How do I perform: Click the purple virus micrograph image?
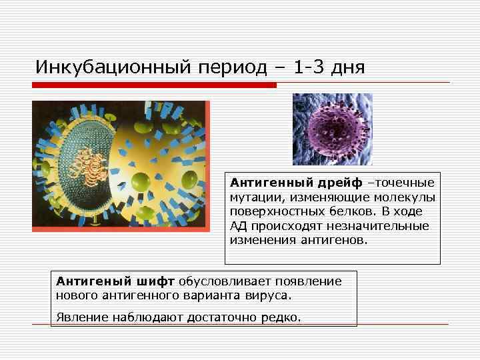(332, 129)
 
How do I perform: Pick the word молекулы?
(408, 197)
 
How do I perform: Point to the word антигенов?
(339, 240)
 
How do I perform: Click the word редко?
(283, 317)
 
